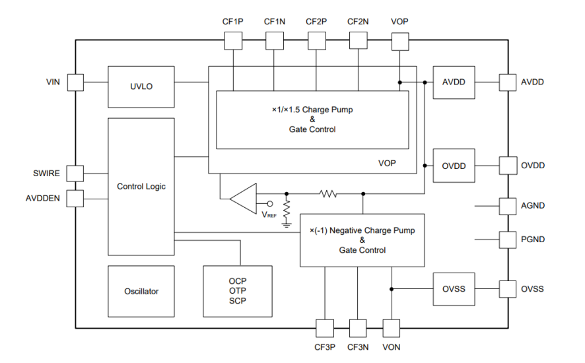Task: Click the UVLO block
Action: (x=141, y=86)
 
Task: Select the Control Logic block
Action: (x=141, y=187)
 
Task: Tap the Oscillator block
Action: (x=141, y=291)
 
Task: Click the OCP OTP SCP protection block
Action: (x=237, y=291)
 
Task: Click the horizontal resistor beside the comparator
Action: (x=328, y=194)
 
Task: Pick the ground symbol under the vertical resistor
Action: (x=287, y=224)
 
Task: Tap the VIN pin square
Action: (x=75, y=82)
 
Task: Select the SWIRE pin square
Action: (x=75, y=174)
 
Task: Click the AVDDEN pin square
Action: (x=75, y=198)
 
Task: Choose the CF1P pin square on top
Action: (x=233, y=40)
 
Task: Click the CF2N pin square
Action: (x=358, y=40)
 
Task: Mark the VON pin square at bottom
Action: (x=392, y=327)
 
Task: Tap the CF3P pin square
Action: (x=325, y=327)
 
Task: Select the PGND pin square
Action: (x=507, y=240)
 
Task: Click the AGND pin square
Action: (x=507, y=206)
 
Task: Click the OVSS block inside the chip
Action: (x=454, y=289)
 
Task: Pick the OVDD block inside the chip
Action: (x=454, y=166)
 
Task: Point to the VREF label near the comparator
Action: (x=269, y=215)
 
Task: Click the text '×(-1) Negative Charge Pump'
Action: (x=362, y=230)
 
